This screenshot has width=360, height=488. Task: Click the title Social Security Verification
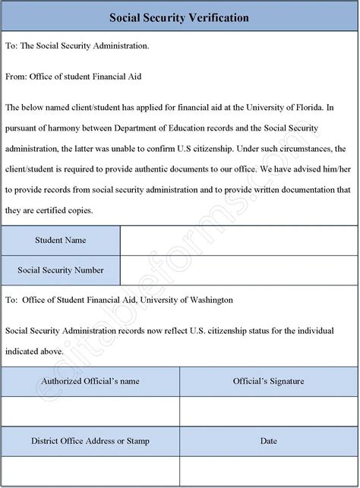point(179,17)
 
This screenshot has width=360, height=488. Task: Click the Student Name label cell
point(61,241)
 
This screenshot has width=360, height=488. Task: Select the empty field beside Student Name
point(238,241)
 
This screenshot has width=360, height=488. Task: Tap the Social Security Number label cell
point(61,270)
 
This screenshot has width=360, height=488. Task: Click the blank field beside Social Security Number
point(238,270)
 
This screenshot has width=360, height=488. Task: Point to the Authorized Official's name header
point(90,382)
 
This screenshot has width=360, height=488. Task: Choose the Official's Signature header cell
point(268,382)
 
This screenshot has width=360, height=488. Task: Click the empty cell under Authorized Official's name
point(90,411)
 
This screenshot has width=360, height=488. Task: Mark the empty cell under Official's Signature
point(268,411)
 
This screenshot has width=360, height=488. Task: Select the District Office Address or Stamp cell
point(90,440)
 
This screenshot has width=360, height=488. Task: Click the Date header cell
point(268,440)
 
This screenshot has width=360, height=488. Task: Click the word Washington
point(207,300)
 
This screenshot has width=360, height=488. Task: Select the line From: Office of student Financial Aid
point(73,77)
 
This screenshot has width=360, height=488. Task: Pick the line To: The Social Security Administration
point(77,46)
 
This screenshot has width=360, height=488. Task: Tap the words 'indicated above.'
point(34,351)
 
